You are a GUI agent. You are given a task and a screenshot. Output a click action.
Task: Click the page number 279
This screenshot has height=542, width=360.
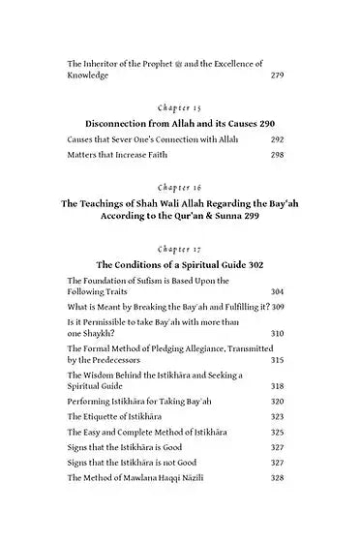(277, 74)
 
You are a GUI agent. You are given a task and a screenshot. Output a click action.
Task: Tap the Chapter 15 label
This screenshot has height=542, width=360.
(180, 107)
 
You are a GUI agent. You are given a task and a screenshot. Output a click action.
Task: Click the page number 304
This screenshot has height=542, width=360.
(277, 291)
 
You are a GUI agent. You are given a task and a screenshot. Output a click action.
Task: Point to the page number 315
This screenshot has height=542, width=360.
(277, 360)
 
